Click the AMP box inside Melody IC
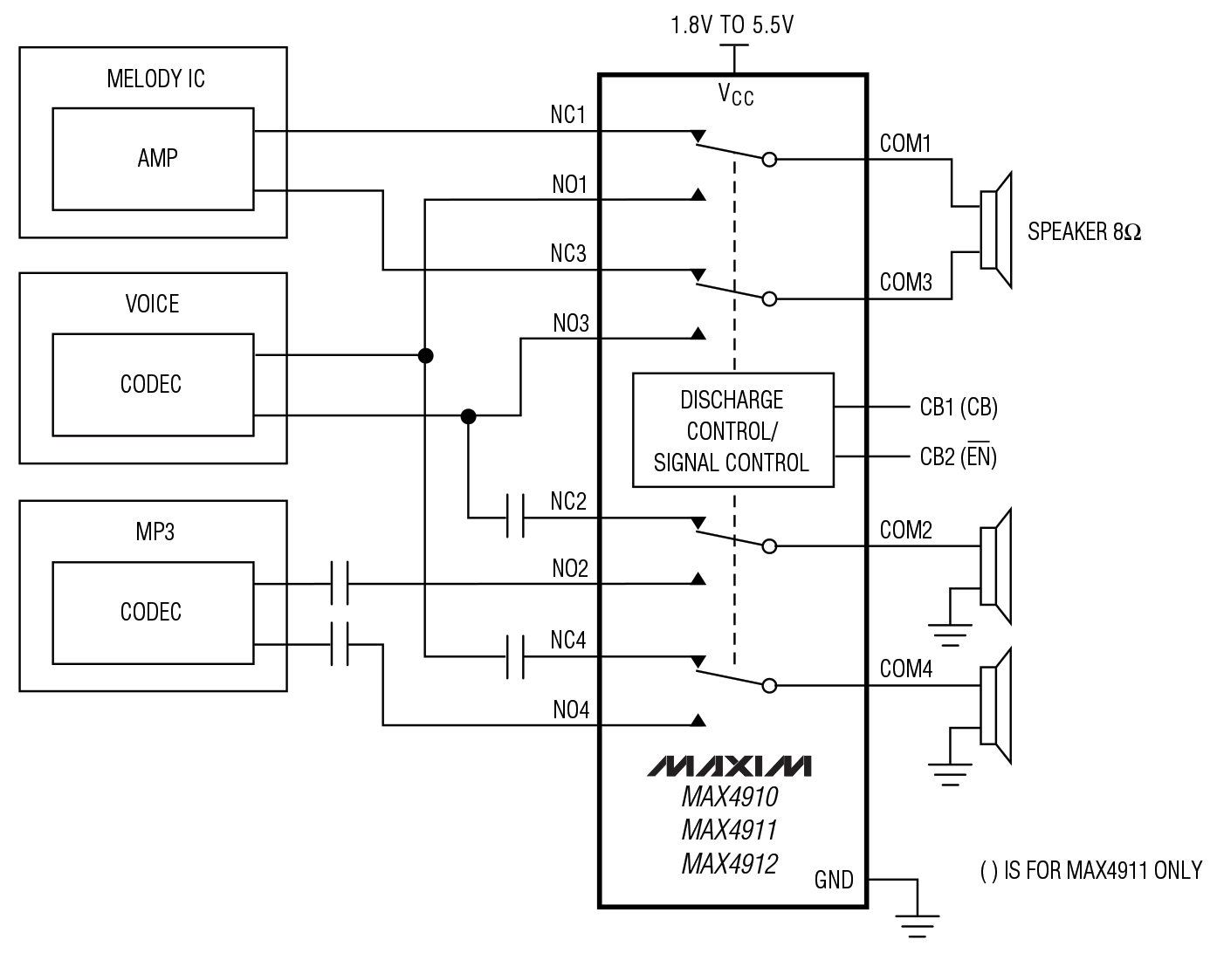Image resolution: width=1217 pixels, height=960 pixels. click(x=153, y=159)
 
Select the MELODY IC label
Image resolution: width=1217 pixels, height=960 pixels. click(x=155, y=79)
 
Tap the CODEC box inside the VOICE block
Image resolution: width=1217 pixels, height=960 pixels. click(x=153, y=384)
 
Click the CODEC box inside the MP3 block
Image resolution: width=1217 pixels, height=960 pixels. click(x=153, y=612)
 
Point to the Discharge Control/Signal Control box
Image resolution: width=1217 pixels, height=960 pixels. click(x=732, y=430)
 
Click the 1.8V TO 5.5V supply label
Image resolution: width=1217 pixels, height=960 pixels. click(x=732, y=25)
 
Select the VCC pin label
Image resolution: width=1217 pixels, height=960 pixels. click(x=735, y=94)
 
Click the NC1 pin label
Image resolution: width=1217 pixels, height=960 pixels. click(x=567, y=115)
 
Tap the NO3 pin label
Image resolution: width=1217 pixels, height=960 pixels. click(x=571, y=324)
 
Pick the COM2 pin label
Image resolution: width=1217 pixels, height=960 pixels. click(x=905, y=530)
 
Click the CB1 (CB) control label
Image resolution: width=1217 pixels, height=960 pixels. click(x=958, y=408)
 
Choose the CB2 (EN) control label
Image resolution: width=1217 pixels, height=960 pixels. click(x=958, y=456)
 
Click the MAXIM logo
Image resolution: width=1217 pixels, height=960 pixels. click(x=729, y=765)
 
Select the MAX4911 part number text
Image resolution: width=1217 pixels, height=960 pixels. click(x=729, y=829)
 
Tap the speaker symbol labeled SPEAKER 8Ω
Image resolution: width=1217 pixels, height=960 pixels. click(x=995, y=230)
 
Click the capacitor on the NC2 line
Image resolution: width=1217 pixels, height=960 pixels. click(x=515, y=518)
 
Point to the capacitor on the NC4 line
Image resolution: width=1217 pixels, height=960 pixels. click(x=515, y=656)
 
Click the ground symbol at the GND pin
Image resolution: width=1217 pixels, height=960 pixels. click(x=917, y=922)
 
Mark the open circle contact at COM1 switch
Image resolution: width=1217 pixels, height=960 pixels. click(x=769, y=160)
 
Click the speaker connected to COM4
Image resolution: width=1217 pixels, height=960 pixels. click(x=995, y=706)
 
